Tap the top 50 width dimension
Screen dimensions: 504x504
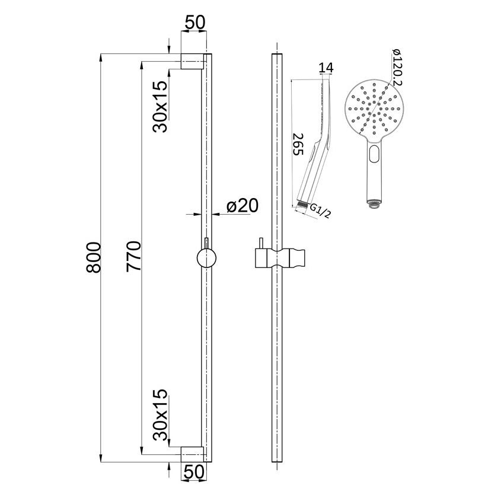pyautogui.click(x=194, y=23)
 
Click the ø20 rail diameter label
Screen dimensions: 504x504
pyautogui.click(x=243, y=206)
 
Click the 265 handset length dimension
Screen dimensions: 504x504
pyautogui.click(x=299, y=143)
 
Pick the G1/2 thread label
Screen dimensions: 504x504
pyautogui.click(x=320, y=210)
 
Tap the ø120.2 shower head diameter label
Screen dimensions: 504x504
pyautogui.click(x=397, y=66)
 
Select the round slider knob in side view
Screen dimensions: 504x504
pyautogui.click(x=206, y=259)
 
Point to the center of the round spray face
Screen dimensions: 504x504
pyautogui.click(x=373, y=109)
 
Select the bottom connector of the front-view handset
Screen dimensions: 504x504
pyautogui.click(x=372, y=205)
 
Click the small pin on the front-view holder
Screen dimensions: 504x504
pyautogui.click(x=259, y=245)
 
